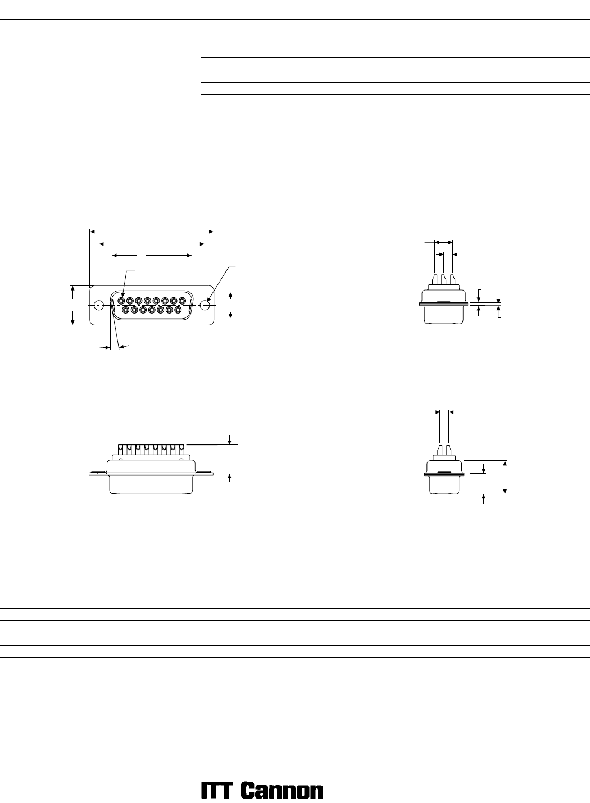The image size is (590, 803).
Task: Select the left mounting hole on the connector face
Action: [98, 306]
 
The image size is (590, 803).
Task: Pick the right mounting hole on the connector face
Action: [205, 306]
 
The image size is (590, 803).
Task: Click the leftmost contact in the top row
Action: [121, 301]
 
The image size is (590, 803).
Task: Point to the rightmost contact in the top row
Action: [182, 301]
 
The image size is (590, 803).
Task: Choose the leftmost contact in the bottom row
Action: [126, 310]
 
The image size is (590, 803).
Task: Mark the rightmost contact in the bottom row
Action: [178, 310]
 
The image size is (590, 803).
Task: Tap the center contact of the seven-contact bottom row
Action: [152, 310]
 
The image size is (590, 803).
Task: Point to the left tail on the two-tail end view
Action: [440, 450]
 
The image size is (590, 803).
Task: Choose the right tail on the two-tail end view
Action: [448, 450]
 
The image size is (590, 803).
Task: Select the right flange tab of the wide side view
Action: [205, 473]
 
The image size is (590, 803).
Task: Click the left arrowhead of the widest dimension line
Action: [92, 232]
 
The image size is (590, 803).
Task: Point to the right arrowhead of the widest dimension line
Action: [211, 232]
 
